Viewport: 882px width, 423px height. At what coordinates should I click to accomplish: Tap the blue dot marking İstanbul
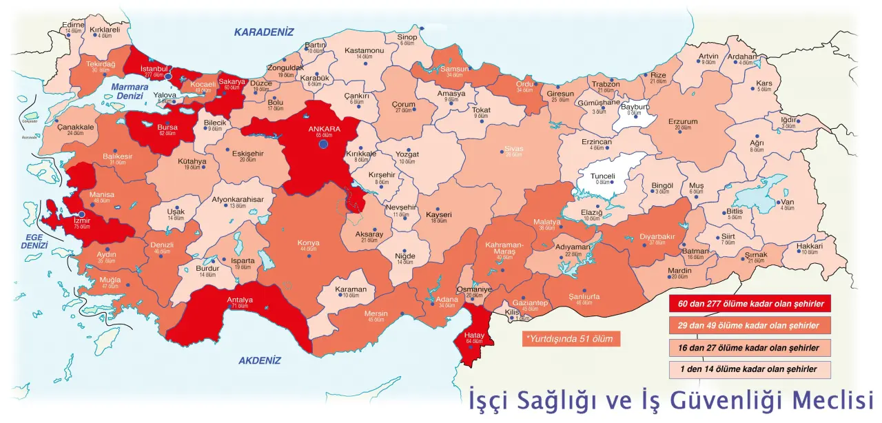click(x=168, y=76)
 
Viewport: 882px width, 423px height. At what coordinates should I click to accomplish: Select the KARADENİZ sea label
click(x=263, y=32)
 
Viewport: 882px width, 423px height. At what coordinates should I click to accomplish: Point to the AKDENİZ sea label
click(x=260, y=360)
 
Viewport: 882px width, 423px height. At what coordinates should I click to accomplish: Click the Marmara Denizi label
click(x=131, y=91)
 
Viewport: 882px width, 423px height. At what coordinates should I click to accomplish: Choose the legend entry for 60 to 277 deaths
click(x=750, y=304)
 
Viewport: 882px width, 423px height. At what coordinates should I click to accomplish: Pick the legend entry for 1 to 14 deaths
click(x=750, y=369)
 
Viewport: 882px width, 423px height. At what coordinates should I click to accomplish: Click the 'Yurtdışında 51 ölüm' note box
click(x=568, y=339)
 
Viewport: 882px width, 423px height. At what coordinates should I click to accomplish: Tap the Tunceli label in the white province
click(x=603, y=176)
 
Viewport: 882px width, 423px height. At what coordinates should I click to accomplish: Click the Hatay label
click(x=474, y=334)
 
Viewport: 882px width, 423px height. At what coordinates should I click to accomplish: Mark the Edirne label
click(x=73, y=25)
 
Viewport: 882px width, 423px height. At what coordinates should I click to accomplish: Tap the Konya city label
click(x=308, y=243)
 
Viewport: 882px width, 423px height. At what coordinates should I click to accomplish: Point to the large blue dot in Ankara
click(x=323, y=144)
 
